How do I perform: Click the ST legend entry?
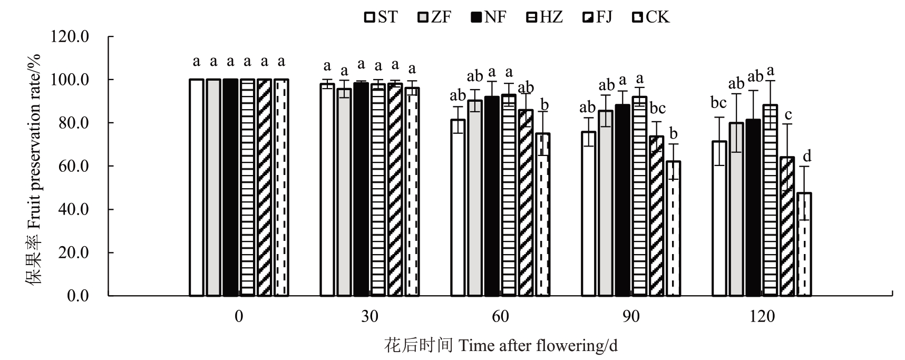click(x=381, y=17)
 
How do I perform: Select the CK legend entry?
click(x=650, y=17)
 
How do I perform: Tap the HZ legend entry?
click(x=544, y=17)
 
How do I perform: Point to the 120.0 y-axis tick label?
click(x=70, y=36)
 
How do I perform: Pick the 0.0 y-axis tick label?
click(x=77, y=296)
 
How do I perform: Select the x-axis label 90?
click(x=631, y=316)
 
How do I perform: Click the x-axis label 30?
click(x=369, y=316)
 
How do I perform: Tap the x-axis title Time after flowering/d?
click(x=538, y=346)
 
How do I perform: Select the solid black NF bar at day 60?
click(x=492, y=196)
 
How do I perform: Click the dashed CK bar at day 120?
click(x=804, y=245)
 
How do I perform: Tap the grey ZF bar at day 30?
click(x=344, y=192)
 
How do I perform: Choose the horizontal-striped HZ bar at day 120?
click(x=770, y=200)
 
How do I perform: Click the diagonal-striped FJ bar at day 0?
click(x=265, y=188)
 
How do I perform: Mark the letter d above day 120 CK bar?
click(x=806, y=155)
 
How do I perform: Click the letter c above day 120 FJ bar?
click(x=789, y=115)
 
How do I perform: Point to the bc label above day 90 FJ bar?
click(x=658, y=108)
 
